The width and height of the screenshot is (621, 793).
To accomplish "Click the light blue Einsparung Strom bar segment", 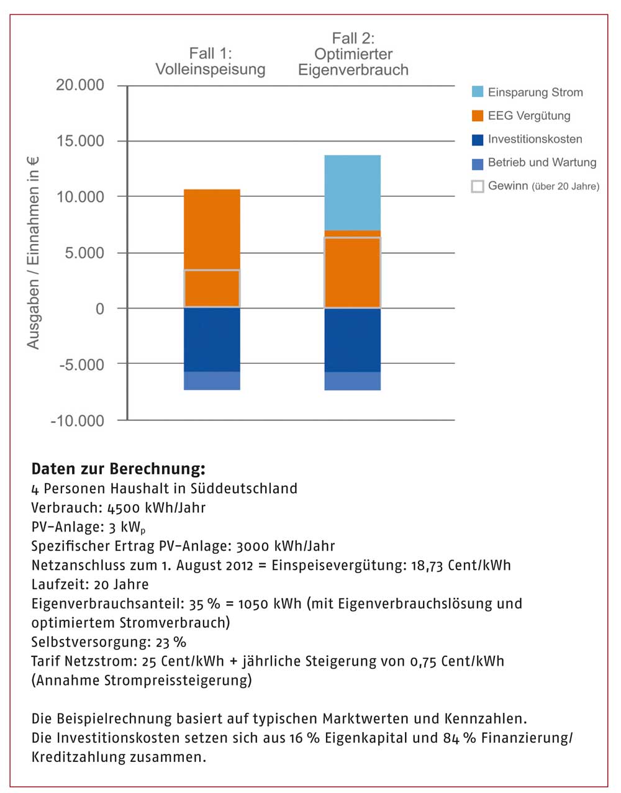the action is [x=353, y=193].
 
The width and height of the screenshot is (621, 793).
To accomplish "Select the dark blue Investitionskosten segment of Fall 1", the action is [x=212, y=340].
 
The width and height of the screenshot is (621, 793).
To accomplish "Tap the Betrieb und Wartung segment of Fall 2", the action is [x=353, y=381].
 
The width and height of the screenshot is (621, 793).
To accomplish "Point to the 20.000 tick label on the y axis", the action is [x=80, y=85].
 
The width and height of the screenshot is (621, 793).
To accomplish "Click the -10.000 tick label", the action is [x=78, y=421].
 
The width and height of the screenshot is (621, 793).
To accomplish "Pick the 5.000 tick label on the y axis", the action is [x=84, y=253].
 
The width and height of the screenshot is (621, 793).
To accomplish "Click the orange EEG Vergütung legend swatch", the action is [x=478, y=116].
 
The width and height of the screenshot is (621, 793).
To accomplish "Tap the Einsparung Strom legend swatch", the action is [x=478, y=92].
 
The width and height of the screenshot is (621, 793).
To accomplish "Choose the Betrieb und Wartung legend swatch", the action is [x=478, y=164].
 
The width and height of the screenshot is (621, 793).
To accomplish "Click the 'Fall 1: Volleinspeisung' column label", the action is [x=211, y=61].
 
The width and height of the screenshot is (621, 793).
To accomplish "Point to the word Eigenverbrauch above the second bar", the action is [x=353, y=70].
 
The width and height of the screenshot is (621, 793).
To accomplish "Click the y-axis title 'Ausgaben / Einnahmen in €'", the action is [x=33, y=253].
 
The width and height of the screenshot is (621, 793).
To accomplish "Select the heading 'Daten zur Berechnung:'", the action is [x=119, y=469].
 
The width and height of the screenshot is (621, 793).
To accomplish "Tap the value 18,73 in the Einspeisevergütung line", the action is [x=427, y=565].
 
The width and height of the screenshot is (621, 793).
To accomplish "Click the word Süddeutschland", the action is [x=243, y=488].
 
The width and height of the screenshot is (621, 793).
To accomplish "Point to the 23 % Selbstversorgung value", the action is [x=171, y=642].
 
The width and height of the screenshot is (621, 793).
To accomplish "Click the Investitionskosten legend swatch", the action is [x=478, y=140].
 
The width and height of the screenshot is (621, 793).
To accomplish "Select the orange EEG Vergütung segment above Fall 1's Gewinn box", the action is [x=212, y=229].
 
